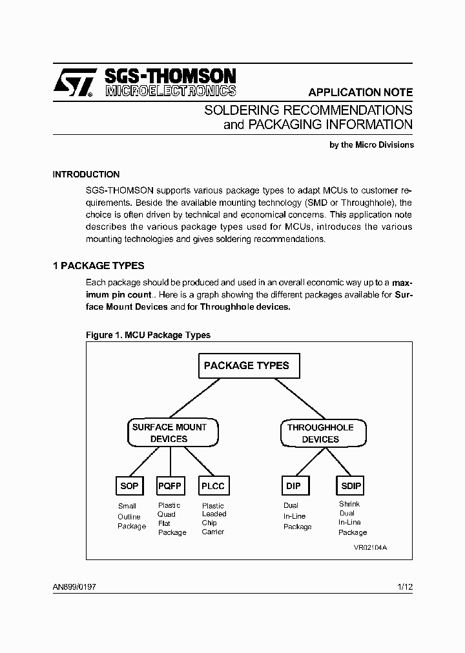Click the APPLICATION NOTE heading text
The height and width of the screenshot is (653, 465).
click(x=360, y=92)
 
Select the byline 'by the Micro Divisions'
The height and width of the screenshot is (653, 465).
click(x=371, y=145)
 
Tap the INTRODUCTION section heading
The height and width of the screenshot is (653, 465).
click(x=86, y=174)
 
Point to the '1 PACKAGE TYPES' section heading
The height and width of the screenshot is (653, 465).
click(x=98, y=266)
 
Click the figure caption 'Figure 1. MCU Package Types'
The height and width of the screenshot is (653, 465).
click(x=148, y=335)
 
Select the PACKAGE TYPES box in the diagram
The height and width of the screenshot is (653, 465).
click(x=247, y=366)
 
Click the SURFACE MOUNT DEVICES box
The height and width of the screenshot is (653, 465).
click(x=169, y=433)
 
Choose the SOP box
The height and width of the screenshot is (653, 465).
click(x=129, y=486)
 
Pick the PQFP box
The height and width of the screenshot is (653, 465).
click(x=170, y=486)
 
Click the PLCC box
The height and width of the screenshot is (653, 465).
click(x=212, y=486)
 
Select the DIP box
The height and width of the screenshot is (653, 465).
click(x=294, y=486)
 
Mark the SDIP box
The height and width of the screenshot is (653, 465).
click(x=351, y=486)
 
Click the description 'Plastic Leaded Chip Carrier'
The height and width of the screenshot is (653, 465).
click(x=214, y=519)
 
